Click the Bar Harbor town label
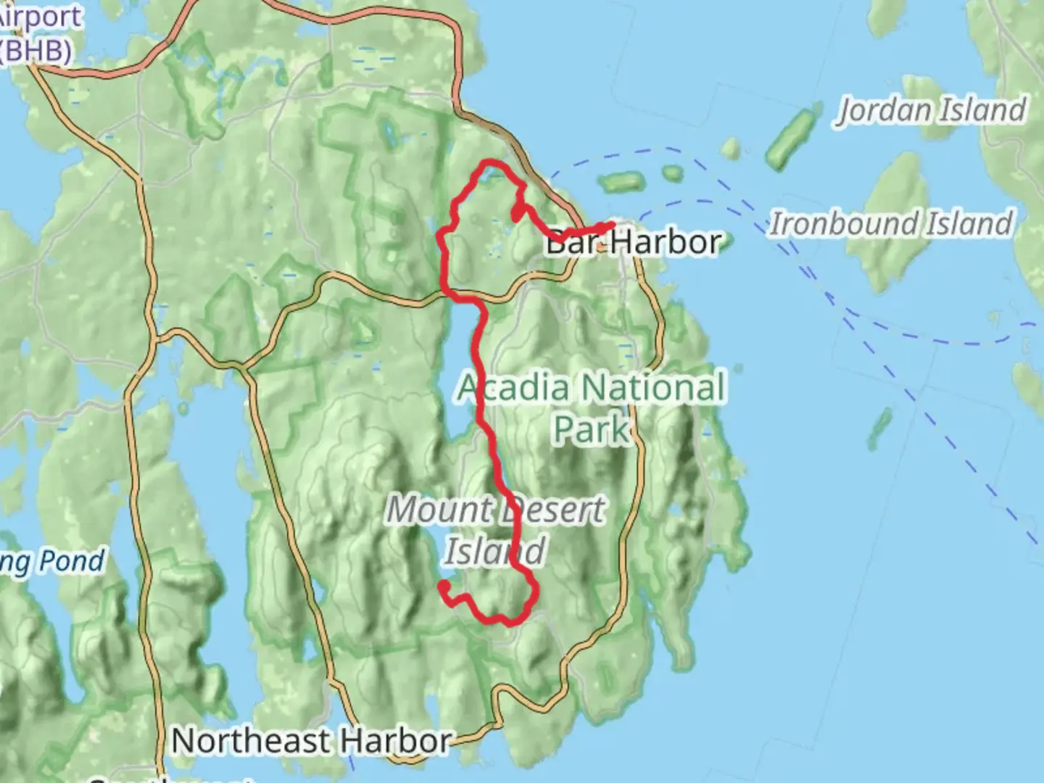[x=634, y=242]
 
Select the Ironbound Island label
[x=891, y=223]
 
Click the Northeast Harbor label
[x=312, y=741]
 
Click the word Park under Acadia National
[x=591, y=429]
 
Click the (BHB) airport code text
[x=36, y=51]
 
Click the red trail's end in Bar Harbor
[x=613, y=225]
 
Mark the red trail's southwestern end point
[x=443, y=584]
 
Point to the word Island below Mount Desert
[x=494, y=551]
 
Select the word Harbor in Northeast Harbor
[x=396, y=741]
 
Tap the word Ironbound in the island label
[x=846, y=223]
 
